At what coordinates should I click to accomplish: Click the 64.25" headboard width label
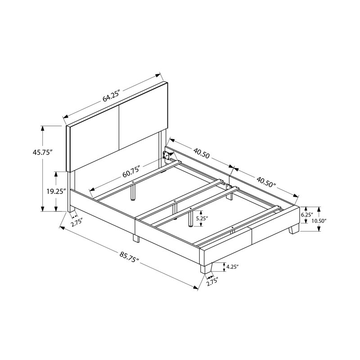coord(111,96)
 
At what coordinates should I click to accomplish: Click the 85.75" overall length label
coord(129,257)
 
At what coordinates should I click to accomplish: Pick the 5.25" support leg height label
coord(202,218)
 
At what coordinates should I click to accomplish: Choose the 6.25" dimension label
coord(307,215)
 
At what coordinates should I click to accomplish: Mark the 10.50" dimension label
coord(319,221)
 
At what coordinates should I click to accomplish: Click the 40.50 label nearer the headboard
coord(202,153)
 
